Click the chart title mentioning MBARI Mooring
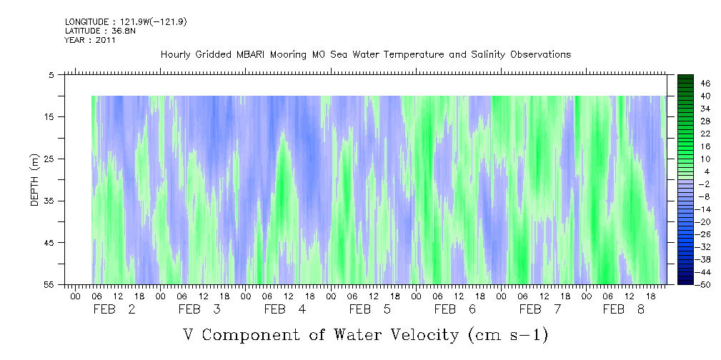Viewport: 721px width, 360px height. [365, 55]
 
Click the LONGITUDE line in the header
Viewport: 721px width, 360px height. [126, 22]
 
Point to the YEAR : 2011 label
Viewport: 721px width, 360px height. [90, 40]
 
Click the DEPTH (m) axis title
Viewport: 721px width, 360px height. [34, 179]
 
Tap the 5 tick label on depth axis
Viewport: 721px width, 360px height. [51, 74]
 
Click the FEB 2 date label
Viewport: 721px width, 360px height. [116, 309]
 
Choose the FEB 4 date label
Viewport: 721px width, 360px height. [286, 309]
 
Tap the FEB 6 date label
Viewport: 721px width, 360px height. [456, 309]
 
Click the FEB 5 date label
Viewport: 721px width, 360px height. [371, 309]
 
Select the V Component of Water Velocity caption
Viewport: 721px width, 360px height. [365, 334]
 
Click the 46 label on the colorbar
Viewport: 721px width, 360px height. [686, 84]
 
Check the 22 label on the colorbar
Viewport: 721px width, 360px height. [686, 134]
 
